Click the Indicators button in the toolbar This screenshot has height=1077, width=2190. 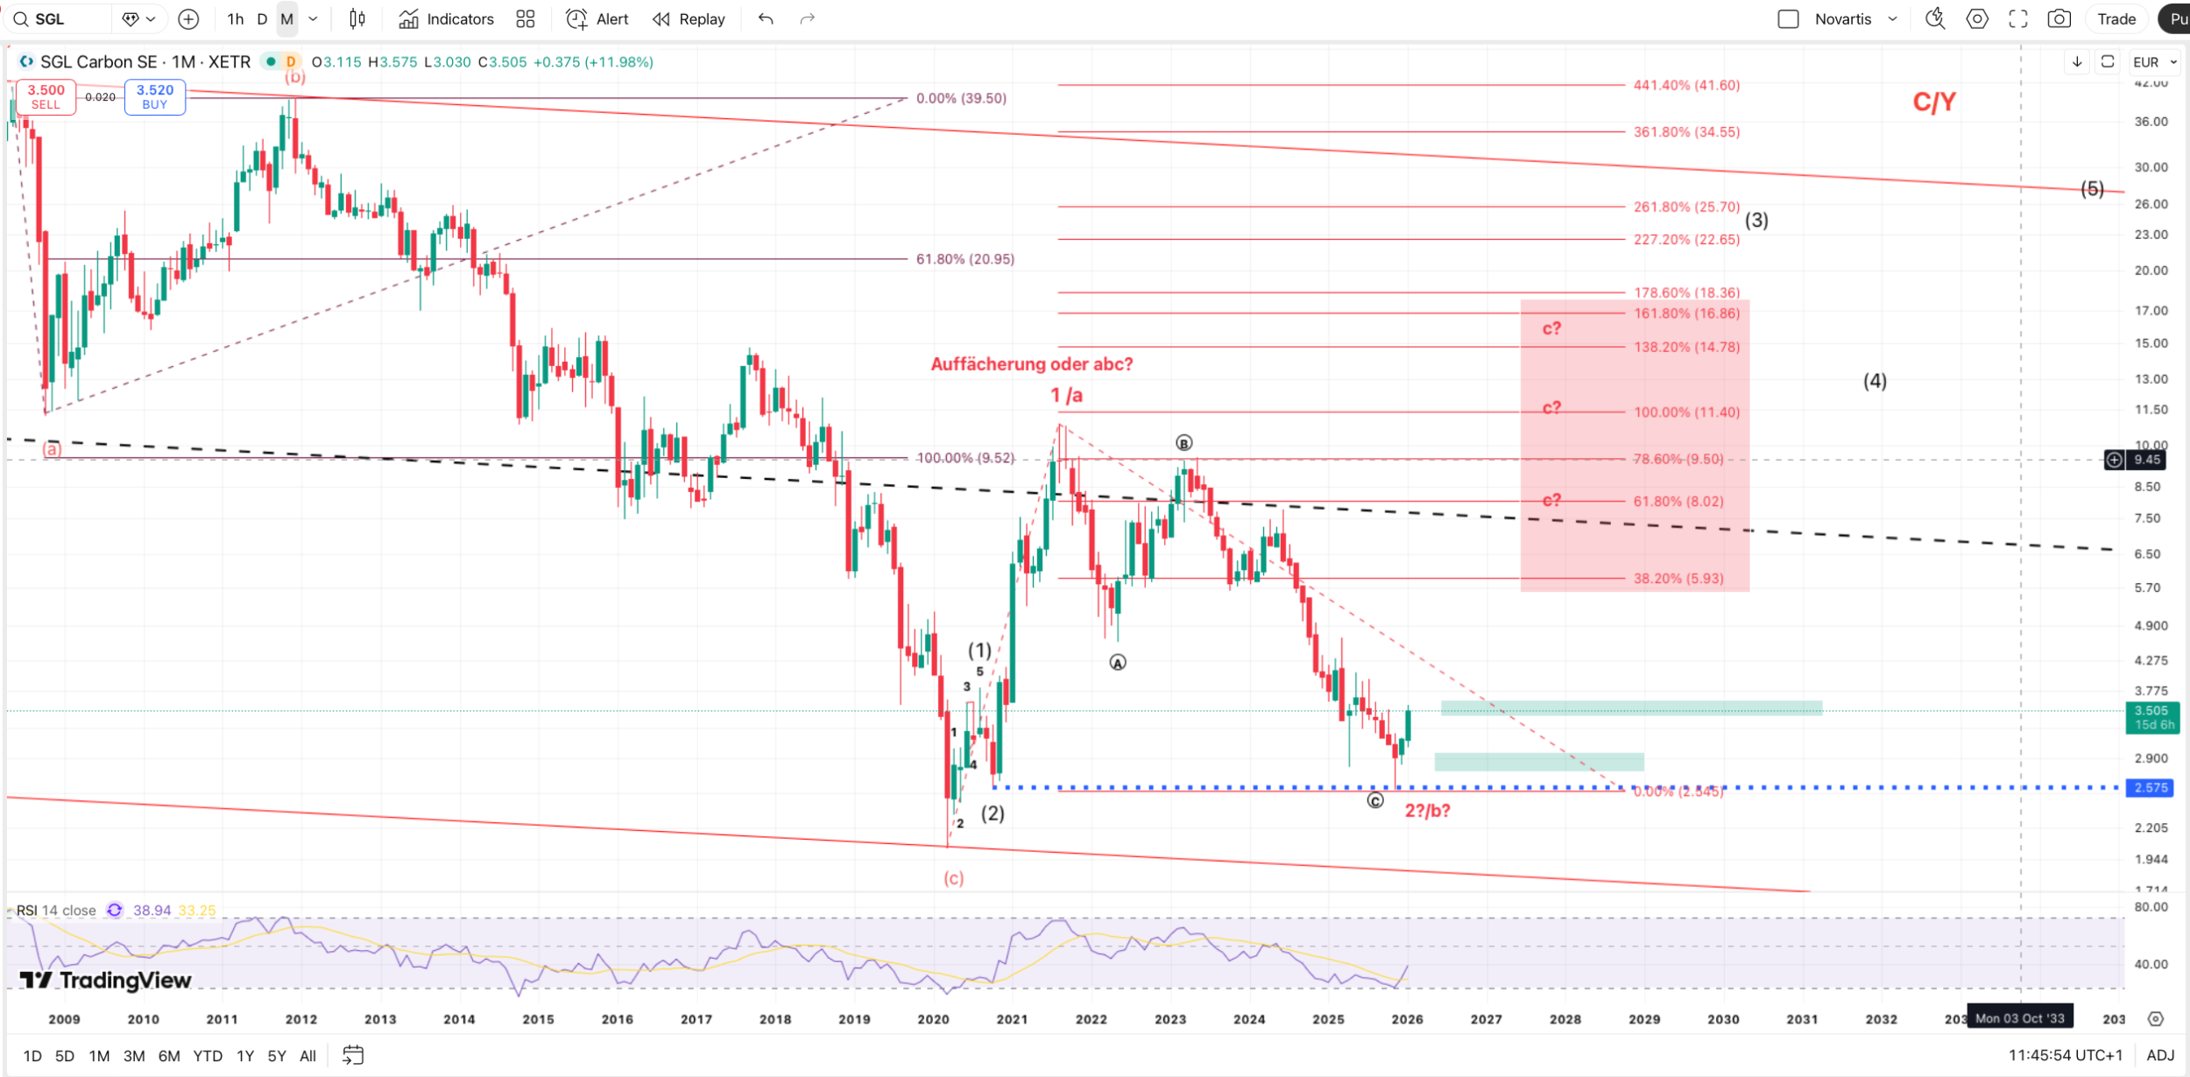(446, 19)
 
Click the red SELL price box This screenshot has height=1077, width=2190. (46, 96)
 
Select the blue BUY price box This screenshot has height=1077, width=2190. (155, 96)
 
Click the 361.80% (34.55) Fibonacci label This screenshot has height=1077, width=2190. (1686, 132)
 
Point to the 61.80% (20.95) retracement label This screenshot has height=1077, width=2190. (964, 259)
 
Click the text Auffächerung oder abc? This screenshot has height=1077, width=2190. (1031, 364)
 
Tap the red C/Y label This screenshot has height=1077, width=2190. (1934, 102)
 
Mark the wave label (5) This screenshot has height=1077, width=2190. (2092, 189)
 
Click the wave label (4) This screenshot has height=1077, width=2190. (1875, 381)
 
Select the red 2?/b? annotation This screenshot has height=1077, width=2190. (1427, 811)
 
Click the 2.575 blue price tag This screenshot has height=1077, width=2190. (2151, 788)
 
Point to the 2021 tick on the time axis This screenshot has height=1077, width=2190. (1012, 1019)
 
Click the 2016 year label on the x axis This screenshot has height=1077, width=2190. (617, 1019)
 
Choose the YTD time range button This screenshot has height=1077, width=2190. (208, 1056)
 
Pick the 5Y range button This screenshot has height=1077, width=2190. (277, 1056)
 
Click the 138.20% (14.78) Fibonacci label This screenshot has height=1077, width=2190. (1686, 348)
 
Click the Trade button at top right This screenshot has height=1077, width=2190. (2116, 19)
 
